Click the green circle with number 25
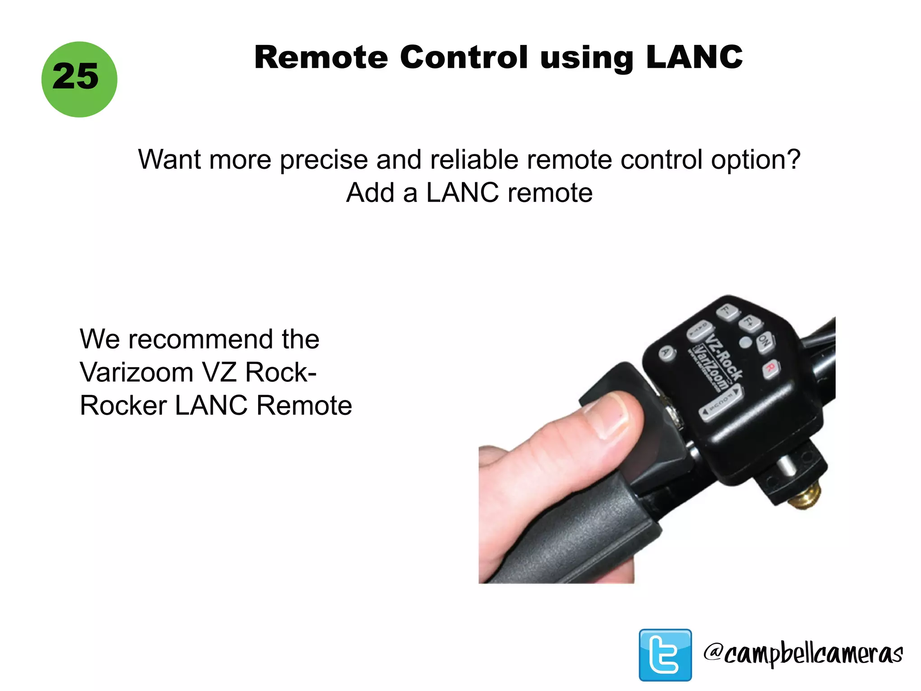tap(79, 79)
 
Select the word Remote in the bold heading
tap(321, 58)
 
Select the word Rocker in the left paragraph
tap(122, 405)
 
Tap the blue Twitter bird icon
tap(665, 655)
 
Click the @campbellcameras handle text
tap(803, 654)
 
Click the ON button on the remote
tap(764, 341)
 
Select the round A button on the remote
tap(667, 352)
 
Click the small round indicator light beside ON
tap(745, 342)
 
